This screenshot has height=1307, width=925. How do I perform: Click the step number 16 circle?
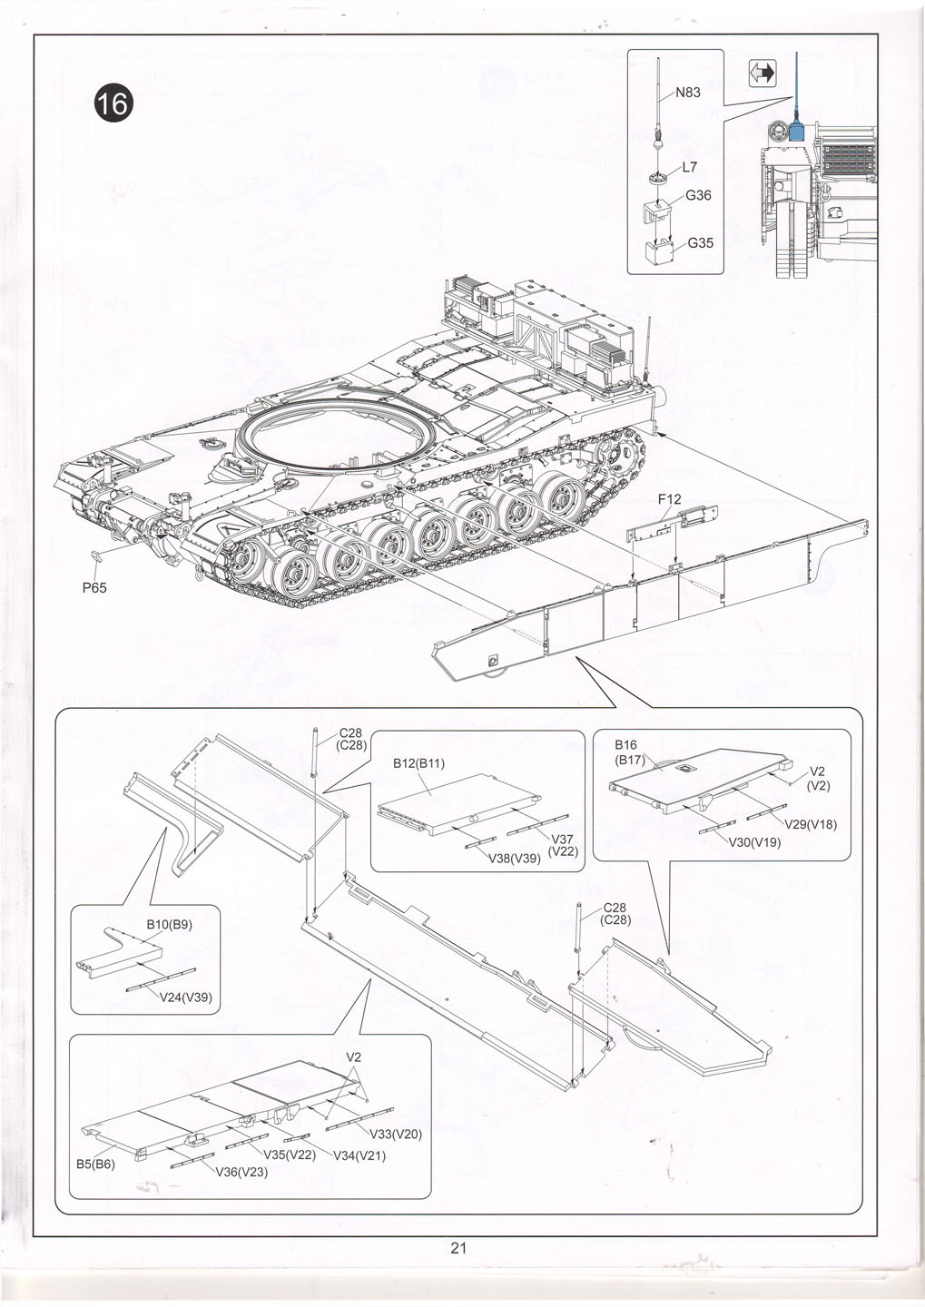(x=114, y=104)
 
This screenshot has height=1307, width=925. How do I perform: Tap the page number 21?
(x=458, y=1248)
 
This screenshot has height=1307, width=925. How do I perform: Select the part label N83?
(x=687, y=93)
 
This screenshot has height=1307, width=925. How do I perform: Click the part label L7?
(x=689, y=168)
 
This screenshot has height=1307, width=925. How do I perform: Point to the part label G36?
(x=698, y=195)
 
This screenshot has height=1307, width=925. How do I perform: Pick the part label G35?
(x=700, y=243)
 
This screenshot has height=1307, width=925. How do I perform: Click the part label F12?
(x=670, y=500)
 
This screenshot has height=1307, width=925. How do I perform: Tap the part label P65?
(x=94, y=587)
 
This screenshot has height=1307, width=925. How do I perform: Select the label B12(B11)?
(x=418, y=763)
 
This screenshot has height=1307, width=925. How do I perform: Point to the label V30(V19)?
(x=755, y=841)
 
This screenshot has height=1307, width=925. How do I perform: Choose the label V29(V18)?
(x=811, y=824)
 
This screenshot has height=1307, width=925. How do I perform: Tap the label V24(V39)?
(x=185, y=997)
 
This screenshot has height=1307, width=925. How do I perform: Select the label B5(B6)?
(x=94, y=1164)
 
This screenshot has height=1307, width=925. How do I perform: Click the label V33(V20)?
(x=395, y=1134)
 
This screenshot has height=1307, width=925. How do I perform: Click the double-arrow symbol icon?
(x=763, y=74)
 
